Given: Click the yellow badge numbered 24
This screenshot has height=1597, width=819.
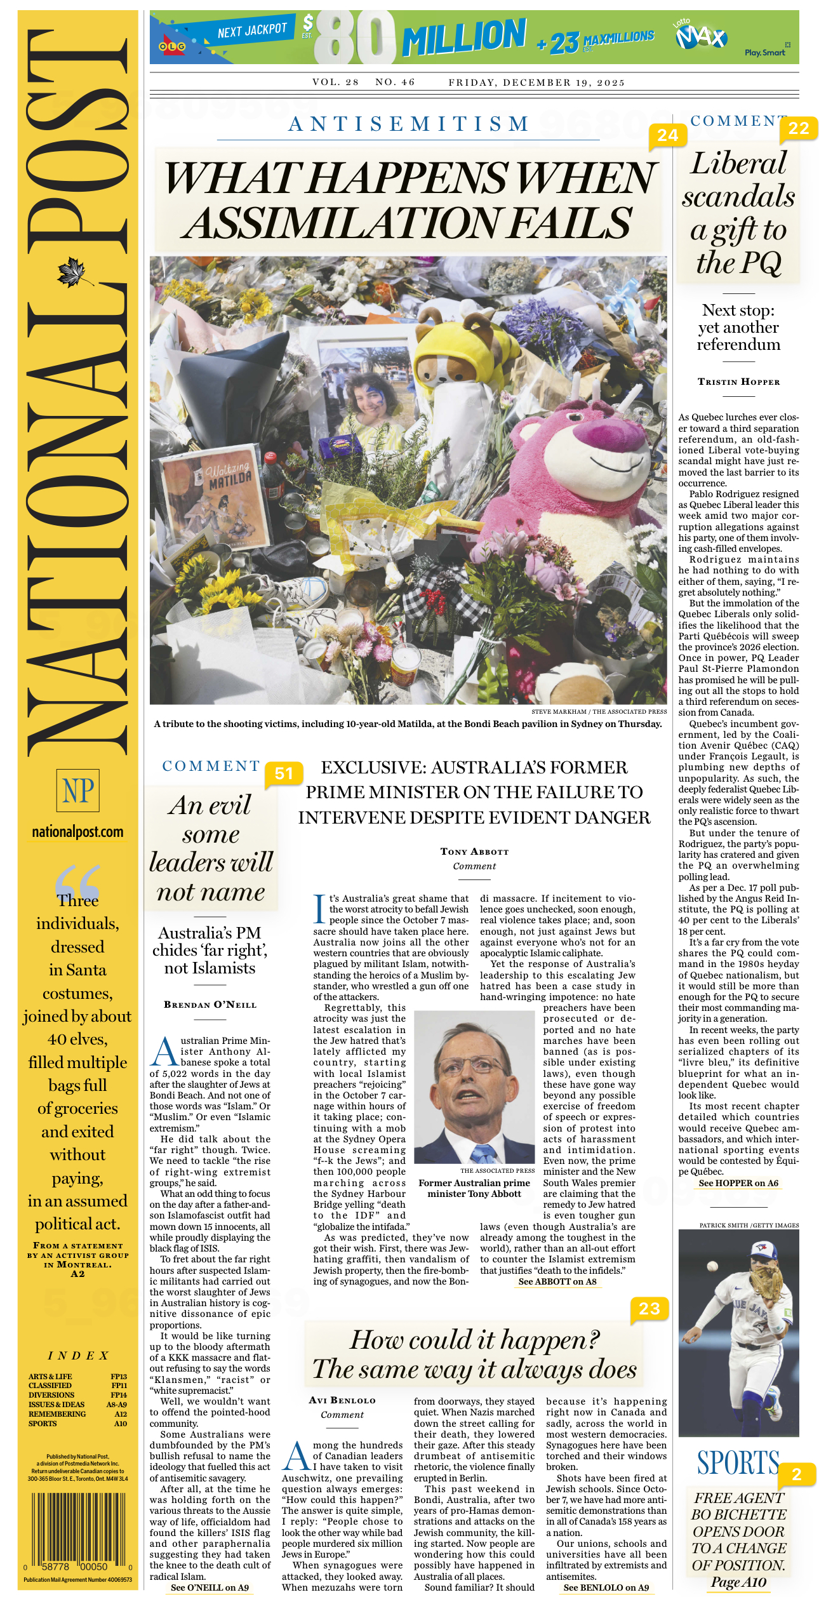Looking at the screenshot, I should (x=667, y=135).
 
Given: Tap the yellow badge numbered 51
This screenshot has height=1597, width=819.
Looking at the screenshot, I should (x=284, y=773).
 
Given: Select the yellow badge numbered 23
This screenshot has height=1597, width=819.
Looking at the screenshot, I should (x=649, y=1309).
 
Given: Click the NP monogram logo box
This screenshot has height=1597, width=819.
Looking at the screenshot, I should (x=77, y=791).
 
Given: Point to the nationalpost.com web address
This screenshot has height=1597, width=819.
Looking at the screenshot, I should (x=77, y=832).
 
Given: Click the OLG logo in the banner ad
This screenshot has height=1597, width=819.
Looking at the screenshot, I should (x=171, y=46).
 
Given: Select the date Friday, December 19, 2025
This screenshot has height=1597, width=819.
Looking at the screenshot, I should (x=536, y=83).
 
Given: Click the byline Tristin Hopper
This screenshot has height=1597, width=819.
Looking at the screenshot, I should (x=738, y=382).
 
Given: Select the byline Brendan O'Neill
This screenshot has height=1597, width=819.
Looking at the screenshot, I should (x=210, y=1005).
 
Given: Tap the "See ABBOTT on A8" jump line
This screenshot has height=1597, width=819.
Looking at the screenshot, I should (x=557, y=1281).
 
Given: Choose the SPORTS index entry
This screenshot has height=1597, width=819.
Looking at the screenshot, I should (x=43, y=1424).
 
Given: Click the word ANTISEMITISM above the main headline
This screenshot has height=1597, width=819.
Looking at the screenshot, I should (x=409, y=124).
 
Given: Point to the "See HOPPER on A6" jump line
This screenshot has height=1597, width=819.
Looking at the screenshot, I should (x=738, y=1183).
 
